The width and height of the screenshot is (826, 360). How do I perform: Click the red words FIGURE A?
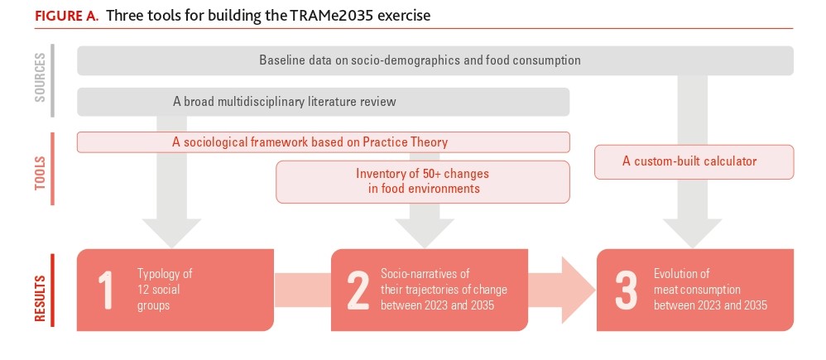pos(66,15)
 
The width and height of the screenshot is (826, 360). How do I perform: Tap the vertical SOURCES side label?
pos(40,77)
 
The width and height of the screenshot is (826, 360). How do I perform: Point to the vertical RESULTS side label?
pos(40,298)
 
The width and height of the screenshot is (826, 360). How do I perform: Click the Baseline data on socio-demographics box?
pos(435,60)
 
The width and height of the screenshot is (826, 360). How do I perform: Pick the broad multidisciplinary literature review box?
pos(323,101)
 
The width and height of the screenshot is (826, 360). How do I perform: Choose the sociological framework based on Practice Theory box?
pos(323,142)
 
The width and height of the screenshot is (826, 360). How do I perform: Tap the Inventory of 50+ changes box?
pos(422,181)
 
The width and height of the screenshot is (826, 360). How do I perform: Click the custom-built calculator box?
pos(694,162)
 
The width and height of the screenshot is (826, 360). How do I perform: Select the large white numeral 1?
pos(106,290)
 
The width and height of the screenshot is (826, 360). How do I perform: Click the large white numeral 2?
pos(358,290)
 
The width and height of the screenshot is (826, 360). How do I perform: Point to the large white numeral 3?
pos(626,290)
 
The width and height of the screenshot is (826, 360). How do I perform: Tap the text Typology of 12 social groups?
pos(165,290)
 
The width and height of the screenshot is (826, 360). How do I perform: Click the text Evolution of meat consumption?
pos(710,290)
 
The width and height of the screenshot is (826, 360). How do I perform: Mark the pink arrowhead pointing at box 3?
pos(578,290)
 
